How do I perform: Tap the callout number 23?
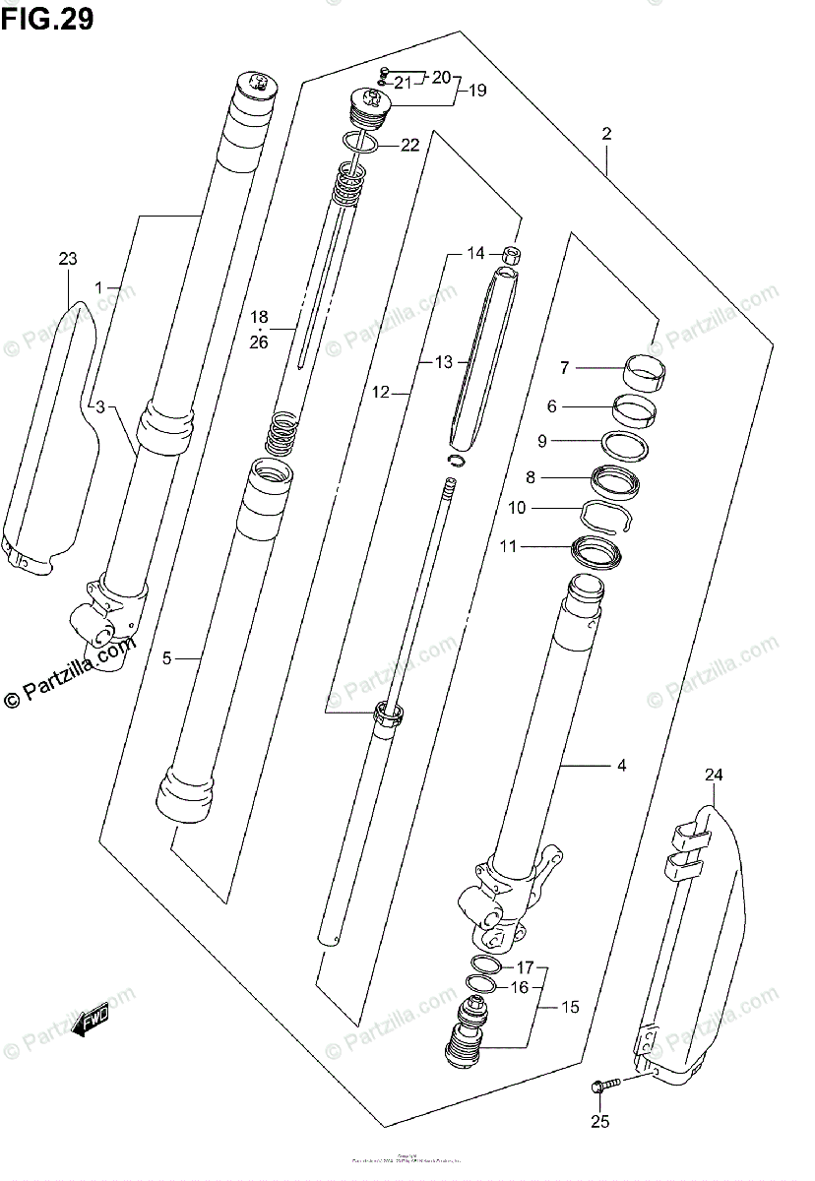coord(67,260)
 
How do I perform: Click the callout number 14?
coord(476,254)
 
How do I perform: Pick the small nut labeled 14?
coord(511,257)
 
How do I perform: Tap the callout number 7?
coord(564,368)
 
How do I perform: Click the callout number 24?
coord(713,776)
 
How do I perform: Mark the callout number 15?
coord(570,1007)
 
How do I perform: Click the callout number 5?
coord(167,658)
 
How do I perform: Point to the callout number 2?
coord(607,134)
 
